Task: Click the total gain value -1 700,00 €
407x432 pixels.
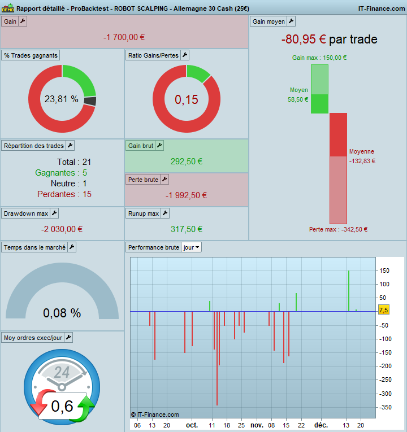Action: pyautogui.click(x=124, y=37)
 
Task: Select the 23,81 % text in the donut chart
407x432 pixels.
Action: pyautogui.click(x=62, y=99)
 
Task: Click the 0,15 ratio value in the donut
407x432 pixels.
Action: pyautogui.click(x=186, y=100)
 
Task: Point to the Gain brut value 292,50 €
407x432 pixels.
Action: pyautogui.click(x=187, y=162)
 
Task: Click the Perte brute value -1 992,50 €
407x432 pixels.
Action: pyautogui.click(x=187, y=195)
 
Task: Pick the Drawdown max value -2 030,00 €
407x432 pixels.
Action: pyautogui.click(x=62, y=229)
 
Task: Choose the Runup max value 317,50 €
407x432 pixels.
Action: pyautogui.click(x=187, y=229)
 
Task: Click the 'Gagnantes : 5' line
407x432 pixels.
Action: pyautogui.click(x=61, y=173)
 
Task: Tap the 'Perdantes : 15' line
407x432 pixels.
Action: pyautogui.click(x=64, y=194)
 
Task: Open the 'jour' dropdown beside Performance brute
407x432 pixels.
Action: pyautogui.click(x=191, y=247)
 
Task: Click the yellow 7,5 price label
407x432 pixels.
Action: pyautogui.click(x=383, y=310)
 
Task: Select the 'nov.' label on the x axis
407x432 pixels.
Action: pyautogui.click(x=257, y=425)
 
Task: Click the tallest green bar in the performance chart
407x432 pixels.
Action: pyautogui.click(x=349, y=291)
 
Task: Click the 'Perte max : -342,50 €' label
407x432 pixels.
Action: pyautogui.click(x=338, y=229)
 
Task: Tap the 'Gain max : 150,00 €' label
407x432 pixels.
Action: pyautogui.click(x=319, y=58)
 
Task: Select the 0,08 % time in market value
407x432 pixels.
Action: pyautogui.click(x=62, y=313)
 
